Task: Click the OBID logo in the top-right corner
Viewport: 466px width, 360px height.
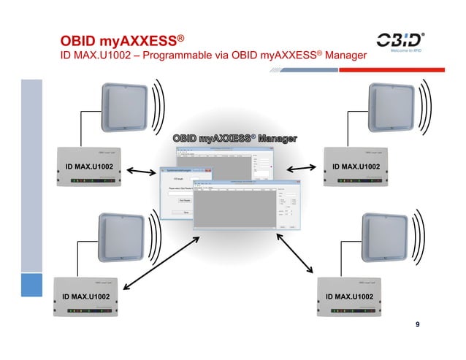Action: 400,42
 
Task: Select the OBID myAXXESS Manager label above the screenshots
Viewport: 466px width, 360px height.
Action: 234,138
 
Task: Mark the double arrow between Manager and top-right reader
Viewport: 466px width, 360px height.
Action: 300,169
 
